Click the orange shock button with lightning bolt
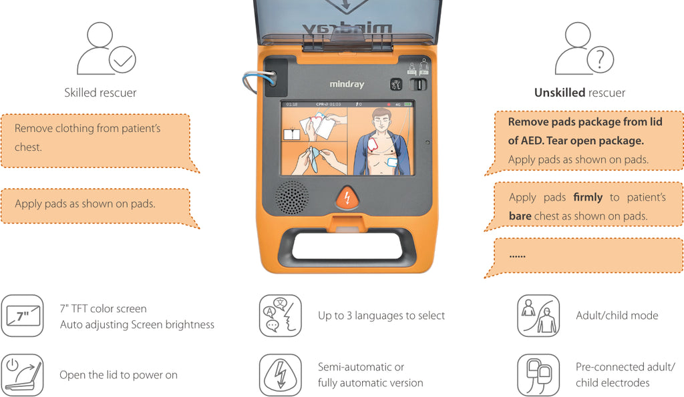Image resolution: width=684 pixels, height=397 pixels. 347,198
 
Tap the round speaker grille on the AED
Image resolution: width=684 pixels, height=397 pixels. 293,197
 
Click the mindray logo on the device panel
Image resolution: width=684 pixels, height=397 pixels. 347,85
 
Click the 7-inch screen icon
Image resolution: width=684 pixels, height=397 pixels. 22,316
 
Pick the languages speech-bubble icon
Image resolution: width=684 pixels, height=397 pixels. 280,316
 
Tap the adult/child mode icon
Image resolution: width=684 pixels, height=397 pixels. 538,316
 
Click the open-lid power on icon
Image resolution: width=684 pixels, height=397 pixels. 22,374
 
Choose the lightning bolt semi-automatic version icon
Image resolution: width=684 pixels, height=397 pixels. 280,374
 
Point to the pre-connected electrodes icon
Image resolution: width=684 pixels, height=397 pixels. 538,374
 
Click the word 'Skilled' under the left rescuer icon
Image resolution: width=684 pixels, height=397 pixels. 81,93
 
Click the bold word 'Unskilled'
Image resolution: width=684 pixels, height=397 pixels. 559,93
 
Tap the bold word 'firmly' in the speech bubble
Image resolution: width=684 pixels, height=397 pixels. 587,197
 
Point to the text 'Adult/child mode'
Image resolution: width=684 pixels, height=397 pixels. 617,316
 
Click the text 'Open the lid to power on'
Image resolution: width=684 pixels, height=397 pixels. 118,375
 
